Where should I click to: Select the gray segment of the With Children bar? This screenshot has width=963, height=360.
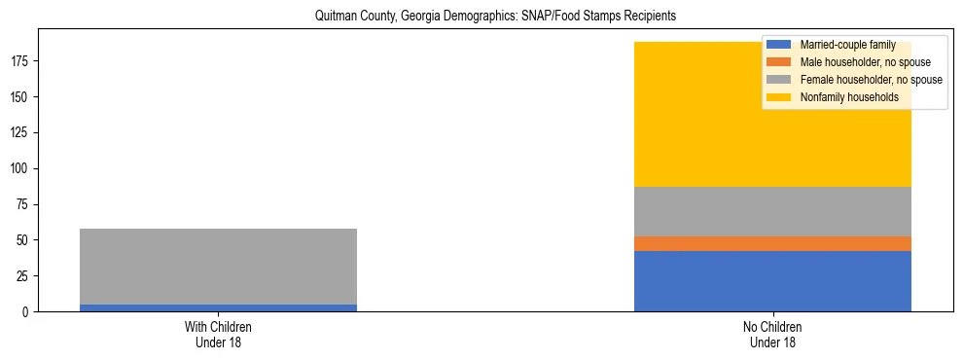point(218,267)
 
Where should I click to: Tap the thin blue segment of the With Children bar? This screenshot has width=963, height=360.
point(218,307)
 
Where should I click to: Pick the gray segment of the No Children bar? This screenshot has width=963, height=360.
point(772,211)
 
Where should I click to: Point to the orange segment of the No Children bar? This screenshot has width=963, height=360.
point(772,243)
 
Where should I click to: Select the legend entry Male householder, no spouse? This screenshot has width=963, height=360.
point(857,62)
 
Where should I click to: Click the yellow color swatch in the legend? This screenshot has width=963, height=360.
point(779,97)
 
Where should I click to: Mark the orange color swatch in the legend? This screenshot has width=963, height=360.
point(779,62)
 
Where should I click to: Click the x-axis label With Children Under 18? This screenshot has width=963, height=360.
point(218,335)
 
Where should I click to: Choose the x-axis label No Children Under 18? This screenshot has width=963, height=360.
point(772,335)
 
